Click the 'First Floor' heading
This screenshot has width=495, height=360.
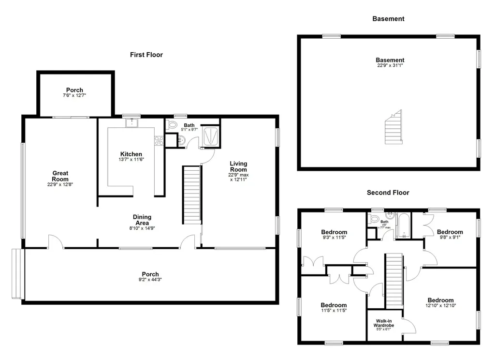coord(146,55)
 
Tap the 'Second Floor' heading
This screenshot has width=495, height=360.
coord(388,193)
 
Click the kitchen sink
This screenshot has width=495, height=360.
coord(131,122)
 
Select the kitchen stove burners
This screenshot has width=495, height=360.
coord(159,141)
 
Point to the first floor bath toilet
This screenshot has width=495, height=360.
coord(172,125)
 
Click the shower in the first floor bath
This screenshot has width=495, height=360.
coord(210,136)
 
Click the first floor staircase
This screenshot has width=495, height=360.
coord(191,195)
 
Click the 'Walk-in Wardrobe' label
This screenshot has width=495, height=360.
coord(383,323)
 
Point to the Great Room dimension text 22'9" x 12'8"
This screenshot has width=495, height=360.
coord(60,184)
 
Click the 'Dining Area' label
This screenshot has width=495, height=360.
coord(142,220)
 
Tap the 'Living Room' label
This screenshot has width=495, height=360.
coord(238,166)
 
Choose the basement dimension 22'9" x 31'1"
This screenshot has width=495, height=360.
coord(390,65)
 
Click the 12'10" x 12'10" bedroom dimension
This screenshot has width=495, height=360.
coord(441,306)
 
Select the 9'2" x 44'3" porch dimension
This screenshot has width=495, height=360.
coord(150,279)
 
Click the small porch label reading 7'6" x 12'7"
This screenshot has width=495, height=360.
coord(74,95)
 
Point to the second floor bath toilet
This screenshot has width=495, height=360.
coord(375,218)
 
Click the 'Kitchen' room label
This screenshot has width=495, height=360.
coord(131,154)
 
